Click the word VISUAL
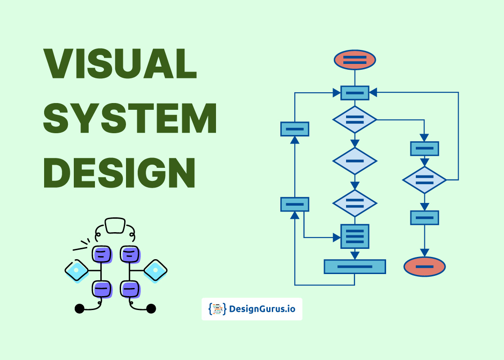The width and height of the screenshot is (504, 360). (x=120, y=63)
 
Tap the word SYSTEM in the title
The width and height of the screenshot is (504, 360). (x=130, y=117)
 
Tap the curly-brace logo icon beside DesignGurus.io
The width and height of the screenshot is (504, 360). (x=217, y=309)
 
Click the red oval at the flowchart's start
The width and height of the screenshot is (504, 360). (x=355, y=60)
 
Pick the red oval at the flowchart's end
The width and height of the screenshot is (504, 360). (x=424, y=267)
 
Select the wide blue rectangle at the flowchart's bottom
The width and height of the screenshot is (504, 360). (x=355, y=266)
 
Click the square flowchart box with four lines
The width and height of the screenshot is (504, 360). (x=355, y=236)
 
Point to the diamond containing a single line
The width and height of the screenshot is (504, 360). (x=355, y=161)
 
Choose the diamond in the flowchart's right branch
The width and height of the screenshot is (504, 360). (x=424, y=180)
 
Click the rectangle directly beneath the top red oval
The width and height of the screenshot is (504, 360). (x=355, y=93)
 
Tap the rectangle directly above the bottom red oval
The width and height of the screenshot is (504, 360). (x=424, y=218)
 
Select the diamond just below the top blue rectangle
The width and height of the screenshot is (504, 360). (x=355, y=120)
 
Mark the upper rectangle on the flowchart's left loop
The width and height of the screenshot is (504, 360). (x=295, y=129)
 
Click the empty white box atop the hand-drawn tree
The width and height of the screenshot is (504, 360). (x=115, y=225)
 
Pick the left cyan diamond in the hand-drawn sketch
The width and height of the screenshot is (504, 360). (x=76, y=270)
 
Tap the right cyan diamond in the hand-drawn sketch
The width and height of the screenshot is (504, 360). (x=156, y=270)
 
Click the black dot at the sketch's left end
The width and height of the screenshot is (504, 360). (x=80, y=308)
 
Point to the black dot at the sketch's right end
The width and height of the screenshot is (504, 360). (x=151, y=308)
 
